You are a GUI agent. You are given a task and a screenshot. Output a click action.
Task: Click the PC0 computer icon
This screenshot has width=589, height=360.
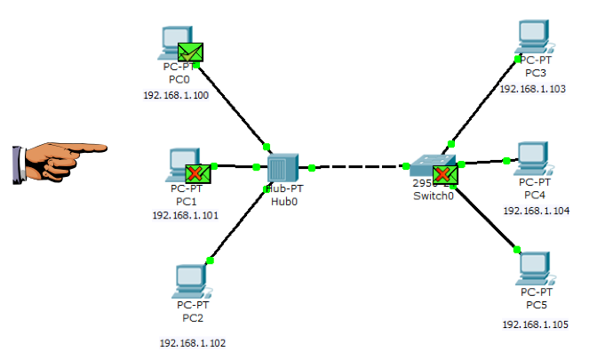coord(174,41)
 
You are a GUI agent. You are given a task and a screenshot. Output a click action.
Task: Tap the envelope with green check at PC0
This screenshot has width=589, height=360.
coord(191,52)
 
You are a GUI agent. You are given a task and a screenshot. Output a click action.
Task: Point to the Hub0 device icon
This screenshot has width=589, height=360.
coord(282,167)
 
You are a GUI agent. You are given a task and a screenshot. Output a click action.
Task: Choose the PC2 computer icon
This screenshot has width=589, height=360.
coord(192,282)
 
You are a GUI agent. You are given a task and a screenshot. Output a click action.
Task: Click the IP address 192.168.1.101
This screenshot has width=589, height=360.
coord(186,214)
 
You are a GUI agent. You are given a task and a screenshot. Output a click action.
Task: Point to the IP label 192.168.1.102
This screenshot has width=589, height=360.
coord(193,342)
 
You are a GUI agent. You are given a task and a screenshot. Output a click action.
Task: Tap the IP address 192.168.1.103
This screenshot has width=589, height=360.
coord(533,89)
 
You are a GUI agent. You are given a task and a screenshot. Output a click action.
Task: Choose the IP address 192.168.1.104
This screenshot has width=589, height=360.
coord(537,211)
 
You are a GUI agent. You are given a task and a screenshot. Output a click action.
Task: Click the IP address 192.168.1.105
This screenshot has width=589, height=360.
coord(535,324)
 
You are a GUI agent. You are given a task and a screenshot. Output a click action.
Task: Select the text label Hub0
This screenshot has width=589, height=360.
coord(284,201)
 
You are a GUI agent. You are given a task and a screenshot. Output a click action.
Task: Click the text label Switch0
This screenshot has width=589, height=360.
coord(434,196)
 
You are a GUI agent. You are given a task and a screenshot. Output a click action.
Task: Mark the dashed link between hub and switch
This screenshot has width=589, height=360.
coord(359,166)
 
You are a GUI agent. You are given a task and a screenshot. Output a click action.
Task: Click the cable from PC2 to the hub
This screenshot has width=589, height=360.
coord(238,224)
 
